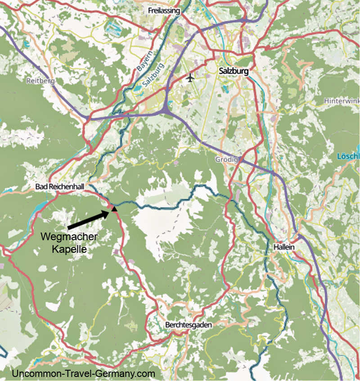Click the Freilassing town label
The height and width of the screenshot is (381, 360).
point(164,10)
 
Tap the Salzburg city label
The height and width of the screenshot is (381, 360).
point(233,71)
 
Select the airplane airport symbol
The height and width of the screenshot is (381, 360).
point(190,78)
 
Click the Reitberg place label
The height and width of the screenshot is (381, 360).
point(40,81)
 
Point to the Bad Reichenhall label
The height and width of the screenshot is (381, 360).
point(59,187)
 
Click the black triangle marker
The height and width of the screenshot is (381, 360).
point(115,209)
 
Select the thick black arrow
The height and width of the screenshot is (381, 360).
point(89,218)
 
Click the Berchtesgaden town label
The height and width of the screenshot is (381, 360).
point(188,324)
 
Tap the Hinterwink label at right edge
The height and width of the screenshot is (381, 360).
point(342,102)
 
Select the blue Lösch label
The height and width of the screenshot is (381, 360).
point(348,157)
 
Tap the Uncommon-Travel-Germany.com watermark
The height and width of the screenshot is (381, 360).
point(83,373)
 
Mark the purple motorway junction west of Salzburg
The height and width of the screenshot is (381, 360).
point(167,108)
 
